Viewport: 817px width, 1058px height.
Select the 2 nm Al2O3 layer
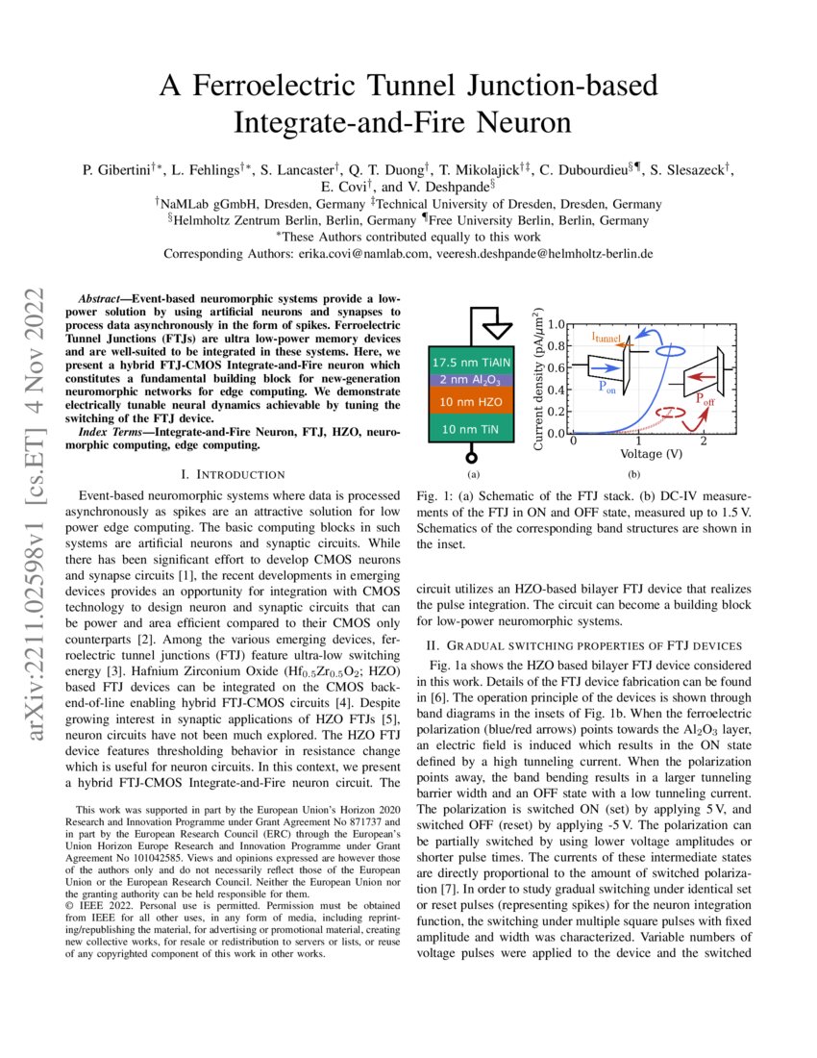tap(471, 380)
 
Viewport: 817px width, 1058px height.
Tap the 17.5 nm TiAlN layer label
tap(471, 363)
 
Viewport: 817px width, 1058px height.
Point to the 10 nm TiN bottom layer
tap(471, 430)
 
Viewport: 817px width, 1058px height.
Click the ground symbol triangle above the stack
tap(496, 330)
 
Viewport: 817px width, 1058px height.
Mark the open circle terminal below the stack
tap(471, 457)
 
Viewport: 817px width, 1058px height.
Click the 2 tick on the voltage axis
tap(704, 441)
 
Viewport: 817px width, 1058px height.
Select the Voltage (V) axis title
tap(652, 454)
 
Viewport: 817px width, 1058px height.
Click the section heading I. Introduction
tap(233, 474)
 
